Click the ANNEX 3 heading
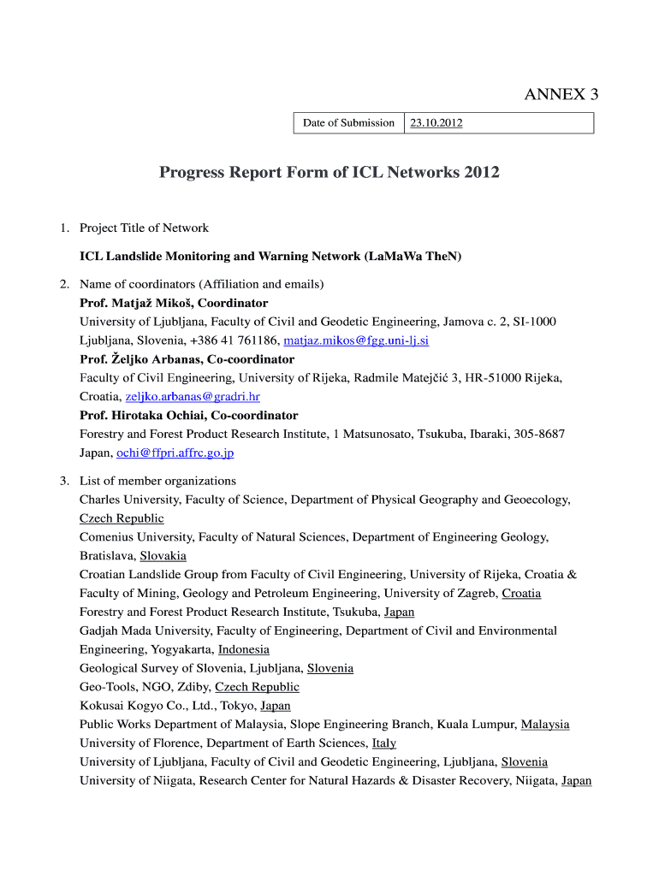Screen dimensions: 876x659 (x=561, y=95)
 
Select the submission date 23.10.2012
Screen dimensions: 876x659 (x=436, y=123)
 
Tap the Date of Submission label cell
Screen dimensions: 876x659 (x=348, y=123)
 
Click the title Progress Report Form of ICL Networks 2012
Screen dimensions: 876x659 (x=329, y=173)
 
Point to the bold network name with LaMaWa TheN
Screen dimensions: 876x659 (x=270, y=256)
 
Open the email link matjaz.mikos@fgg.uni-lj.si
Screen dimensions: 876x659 (x=356, y=340)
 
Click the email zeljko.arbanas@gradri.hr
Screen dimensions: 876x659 (x=193, y=397)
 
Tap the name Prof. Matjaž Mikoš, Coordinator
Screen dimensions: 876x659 (x=174, y=303)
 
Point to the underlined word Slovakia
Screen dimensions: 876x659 (x=163, y=556)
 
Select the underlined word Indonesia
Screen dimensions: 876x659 (x=244, y=649)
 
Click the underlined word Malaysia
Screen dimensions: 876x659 (x=545, y=725)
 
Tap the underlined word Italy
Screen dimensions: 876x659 (x=384, y=743)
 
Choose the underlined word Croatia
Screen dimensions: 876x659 (x=521, y=594)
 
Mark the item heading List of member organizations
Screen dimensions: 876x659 (x=157, y=481)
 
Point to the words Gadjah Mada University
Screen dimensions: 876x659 (x=136, y=630)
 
